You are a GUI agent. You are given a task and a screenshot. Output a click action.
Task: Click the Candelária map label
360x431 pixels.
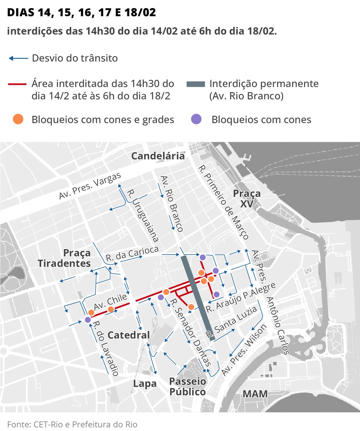[158, 156]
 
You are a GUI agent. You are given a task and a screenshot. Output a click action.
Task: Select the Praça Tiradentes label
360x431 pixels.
[64, 258]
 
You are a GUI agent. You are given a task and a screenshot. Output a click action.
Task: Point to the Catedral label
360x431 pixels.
[128, 335]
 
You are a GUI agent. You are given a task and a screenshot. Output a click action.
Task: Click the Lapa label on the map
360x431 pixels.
[145, 383]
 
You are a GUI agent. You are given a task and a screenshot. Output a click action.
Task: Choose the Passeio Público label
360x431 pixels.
[188, 386]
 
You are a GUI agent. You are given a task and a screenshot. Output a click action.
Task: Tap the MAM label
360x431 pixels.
[255, 394]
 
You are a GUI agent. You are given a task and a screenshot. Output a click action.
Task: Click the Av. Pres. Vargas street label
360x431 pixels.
[90, 186]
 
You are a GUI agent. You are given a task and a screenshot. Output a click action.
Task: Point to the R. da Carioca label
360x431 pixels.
[132, 253]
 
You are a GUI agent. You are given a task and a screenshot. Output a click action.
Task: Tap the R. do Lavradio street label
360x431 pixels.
[105, 349]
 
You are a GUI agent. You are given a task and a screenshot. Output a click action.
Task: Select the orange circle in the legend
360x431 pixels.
[18, 119]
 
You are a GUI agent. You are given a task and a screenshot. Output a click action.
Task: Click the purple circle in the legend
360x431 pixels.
[196, 119]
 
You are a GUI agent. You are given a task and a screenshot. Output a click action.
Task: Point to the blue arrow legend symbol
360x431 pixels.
[18, 58]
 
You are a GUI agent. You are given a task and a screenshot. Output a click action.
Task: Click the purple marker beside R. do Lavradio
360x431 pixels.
[87, 320]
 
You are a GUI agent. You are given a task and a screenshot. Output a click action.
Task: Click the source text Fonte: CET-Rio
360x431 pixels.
[72, 424]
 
